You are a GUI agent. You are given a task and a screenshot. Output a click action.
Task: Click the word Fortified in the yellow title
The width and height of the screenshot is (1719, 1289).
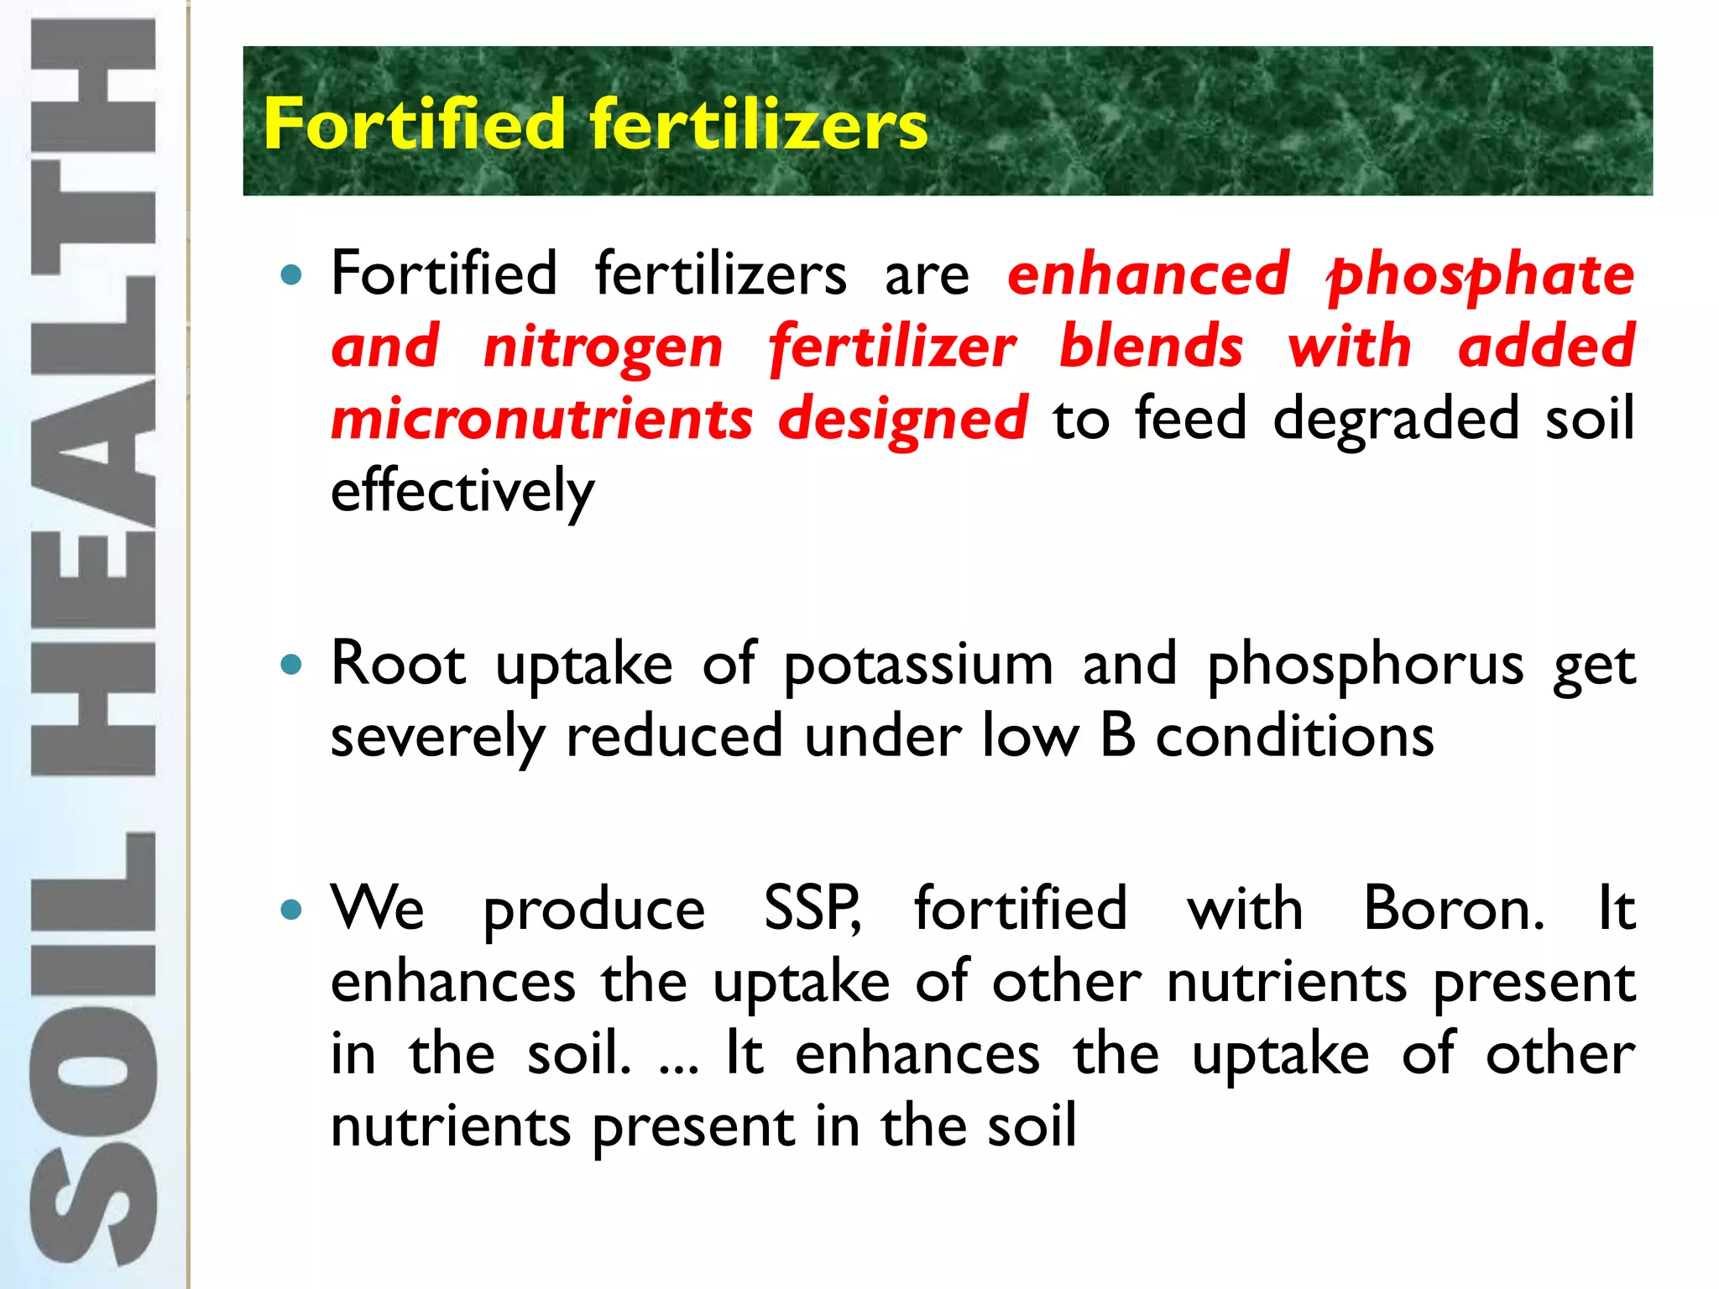tap(415, 124)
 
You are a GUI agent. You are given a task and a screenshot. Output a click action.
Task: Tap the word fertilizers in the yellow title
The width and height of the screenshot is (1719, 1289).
tap(759, 124)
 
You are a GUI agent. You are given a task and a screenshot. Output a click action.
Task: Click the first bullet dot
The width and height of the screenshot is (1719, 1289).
tap(291, 274)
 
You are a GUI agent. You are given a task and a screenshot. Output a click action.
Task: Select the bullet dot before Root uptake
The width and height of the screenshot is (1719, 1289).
tap(291, 665)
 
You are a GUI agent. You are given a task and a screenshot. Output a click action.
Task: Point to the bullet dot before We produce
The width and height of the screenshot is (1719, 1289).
tap(291, 910)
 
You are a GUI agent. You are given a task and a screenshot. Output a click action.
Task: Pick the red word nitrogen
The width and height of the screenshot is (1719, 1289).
tap(603, 347)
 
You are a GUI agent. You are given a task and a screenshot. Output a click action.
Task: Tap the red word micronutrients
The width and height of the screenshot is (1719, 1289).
tap(542, 419)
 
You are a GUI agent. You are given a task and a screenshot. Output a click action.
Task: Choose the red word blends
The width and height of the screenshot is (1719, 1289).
tap(1151, 347)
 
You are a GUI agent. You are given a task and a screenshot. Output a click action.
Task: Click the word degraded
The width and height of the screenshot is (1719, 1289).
tap(1396, 419)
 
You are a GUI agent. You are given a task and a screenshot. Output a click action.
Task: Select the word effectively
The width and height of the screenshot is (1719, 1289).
tap(462, 492)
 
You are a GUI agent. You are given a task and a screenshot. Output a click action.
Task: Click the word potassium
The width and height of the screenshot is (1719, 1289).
tap(918, 665)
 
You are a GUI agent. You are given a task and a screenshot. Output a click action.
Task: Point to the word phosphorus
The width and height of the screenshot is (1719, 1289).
tap(1365, 665)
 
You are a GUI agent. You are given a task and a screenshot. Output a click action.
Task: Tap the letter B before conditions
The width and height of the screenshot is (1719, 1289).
tap(1117, 737)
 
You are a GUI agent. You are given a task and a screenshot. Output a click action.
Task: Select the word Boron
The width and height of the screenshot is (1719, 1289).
tap(1453, 909)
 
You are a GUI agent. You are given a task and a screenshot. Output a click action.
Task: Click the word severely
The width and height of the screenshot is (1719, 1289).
tap(437, 737)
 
